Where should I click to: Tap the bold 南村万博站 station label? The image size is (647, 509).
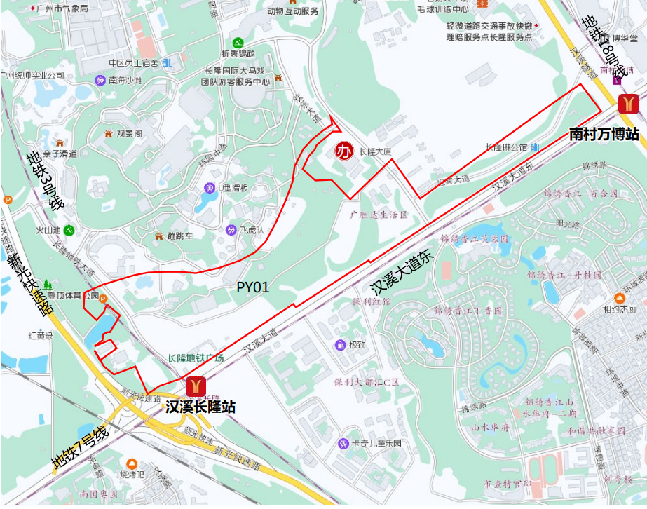click(604, 133)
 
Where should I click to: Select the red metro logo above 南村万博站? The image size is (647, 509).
click(628, 104)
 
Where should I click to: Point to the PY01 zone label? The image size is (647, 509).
click(252, 287)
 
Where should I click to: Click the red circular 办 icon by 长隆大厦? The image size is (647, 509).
click(343, 151)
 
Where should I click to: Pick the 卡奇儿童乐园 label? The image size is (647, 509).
click(377, 444)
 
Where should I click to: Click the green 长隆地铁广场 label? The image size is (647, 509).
click(196, 358)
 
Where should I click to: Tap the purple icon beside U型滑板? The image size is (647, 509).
click(209, 188)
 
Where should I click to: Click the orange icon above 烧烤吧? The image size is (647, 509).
click(132, 463)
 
